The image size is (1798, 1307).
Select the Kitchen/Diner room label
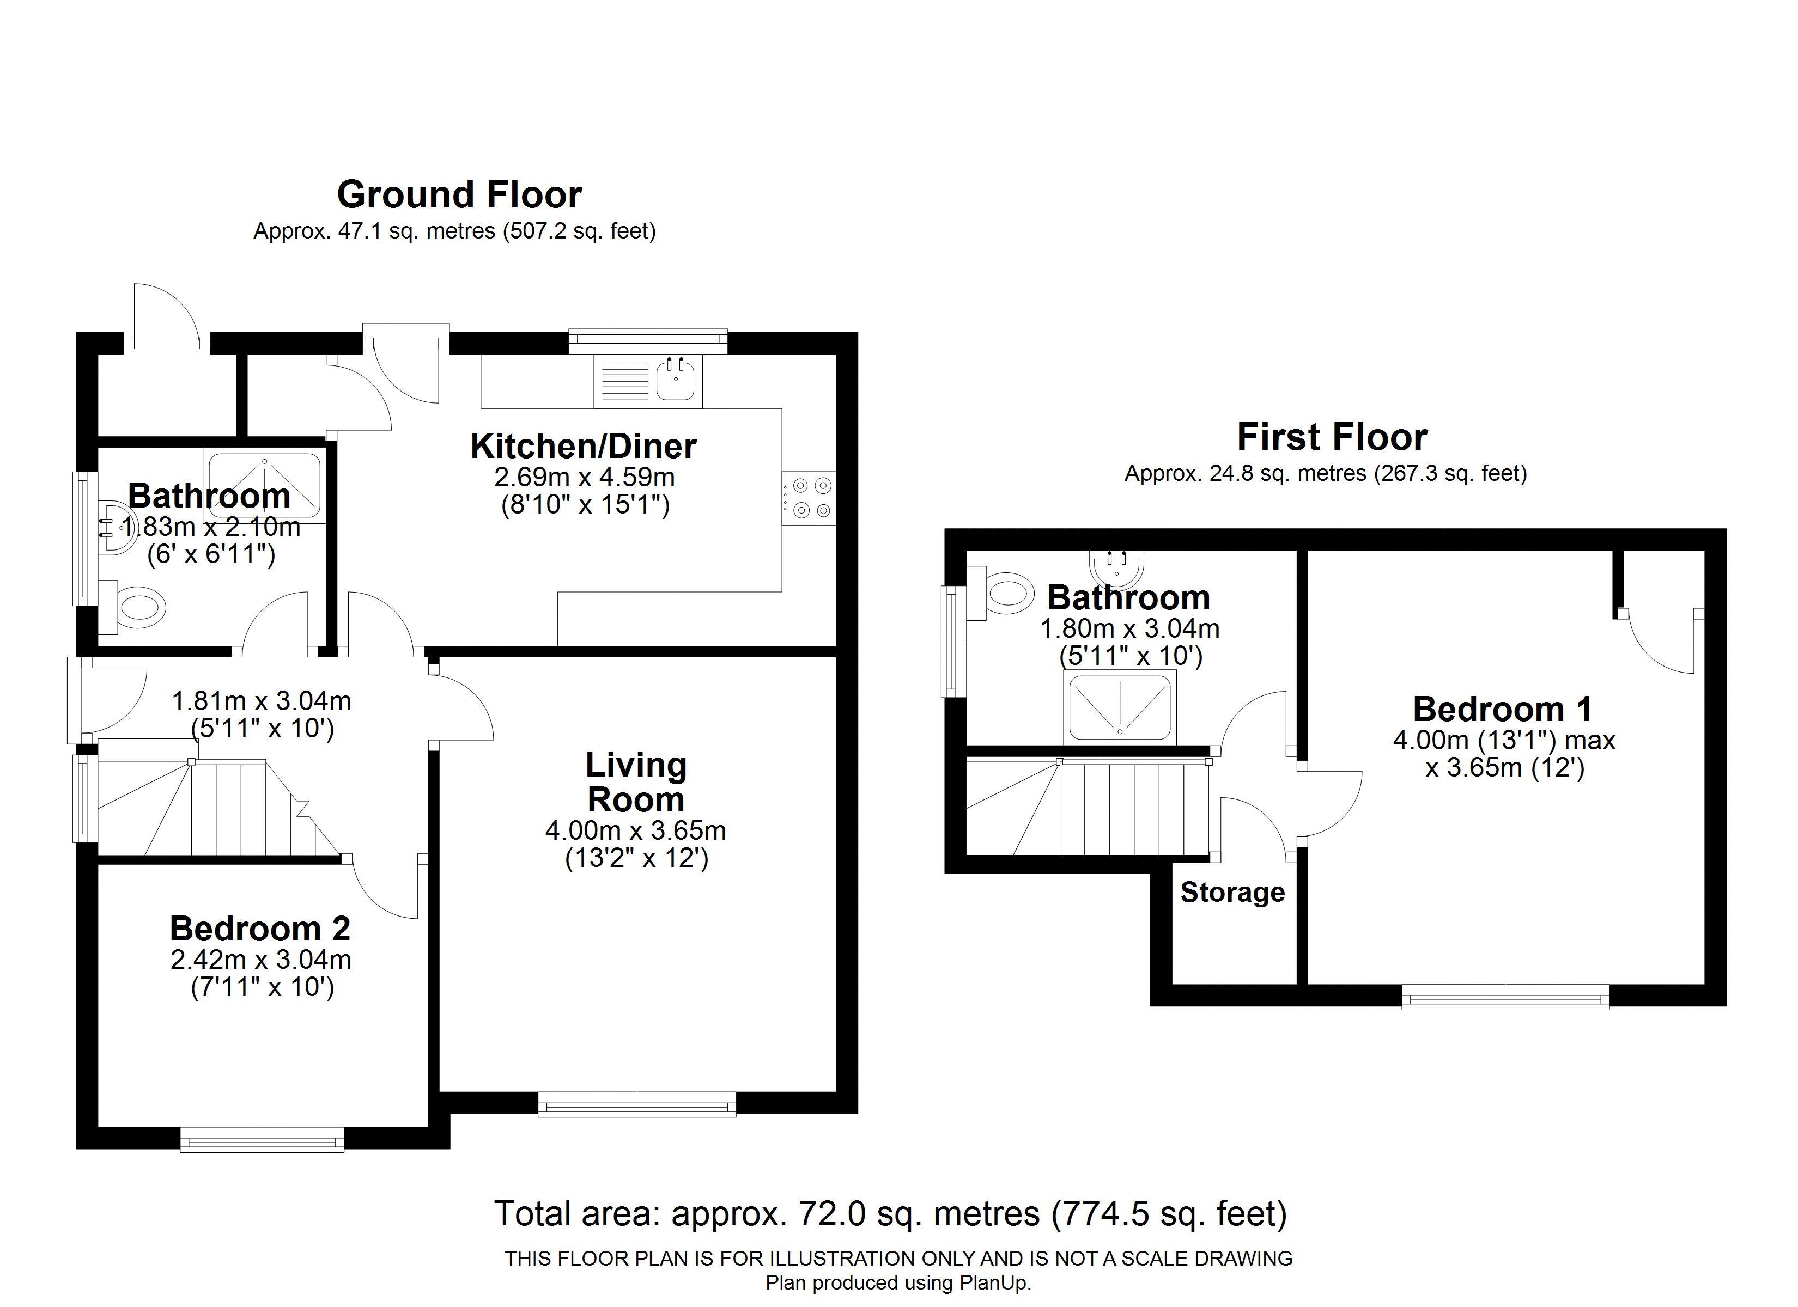pyautogui.click(x=584, y=446)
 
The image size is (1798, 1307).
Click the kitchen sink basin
pyautogui.click(x=676, y=379)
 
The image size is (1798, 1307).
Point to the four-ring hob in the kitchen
pyautogui.click(x=809, y=498)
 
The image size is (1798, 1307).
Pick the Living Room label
pyautogui.click(x=636, y=783)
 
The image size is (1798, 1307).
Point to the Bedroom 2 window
pyautogui.click(x=263, y=1142)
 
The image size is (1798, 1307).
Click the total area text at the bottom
pyautogui.click(x=890, y=1213)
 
